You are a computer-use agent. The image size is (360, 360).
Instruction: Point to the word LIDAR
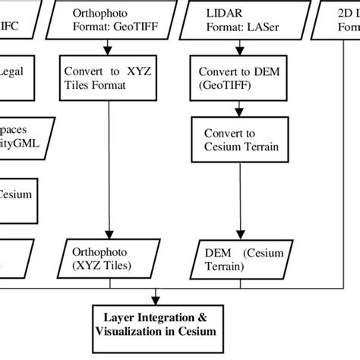[218, 13]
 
